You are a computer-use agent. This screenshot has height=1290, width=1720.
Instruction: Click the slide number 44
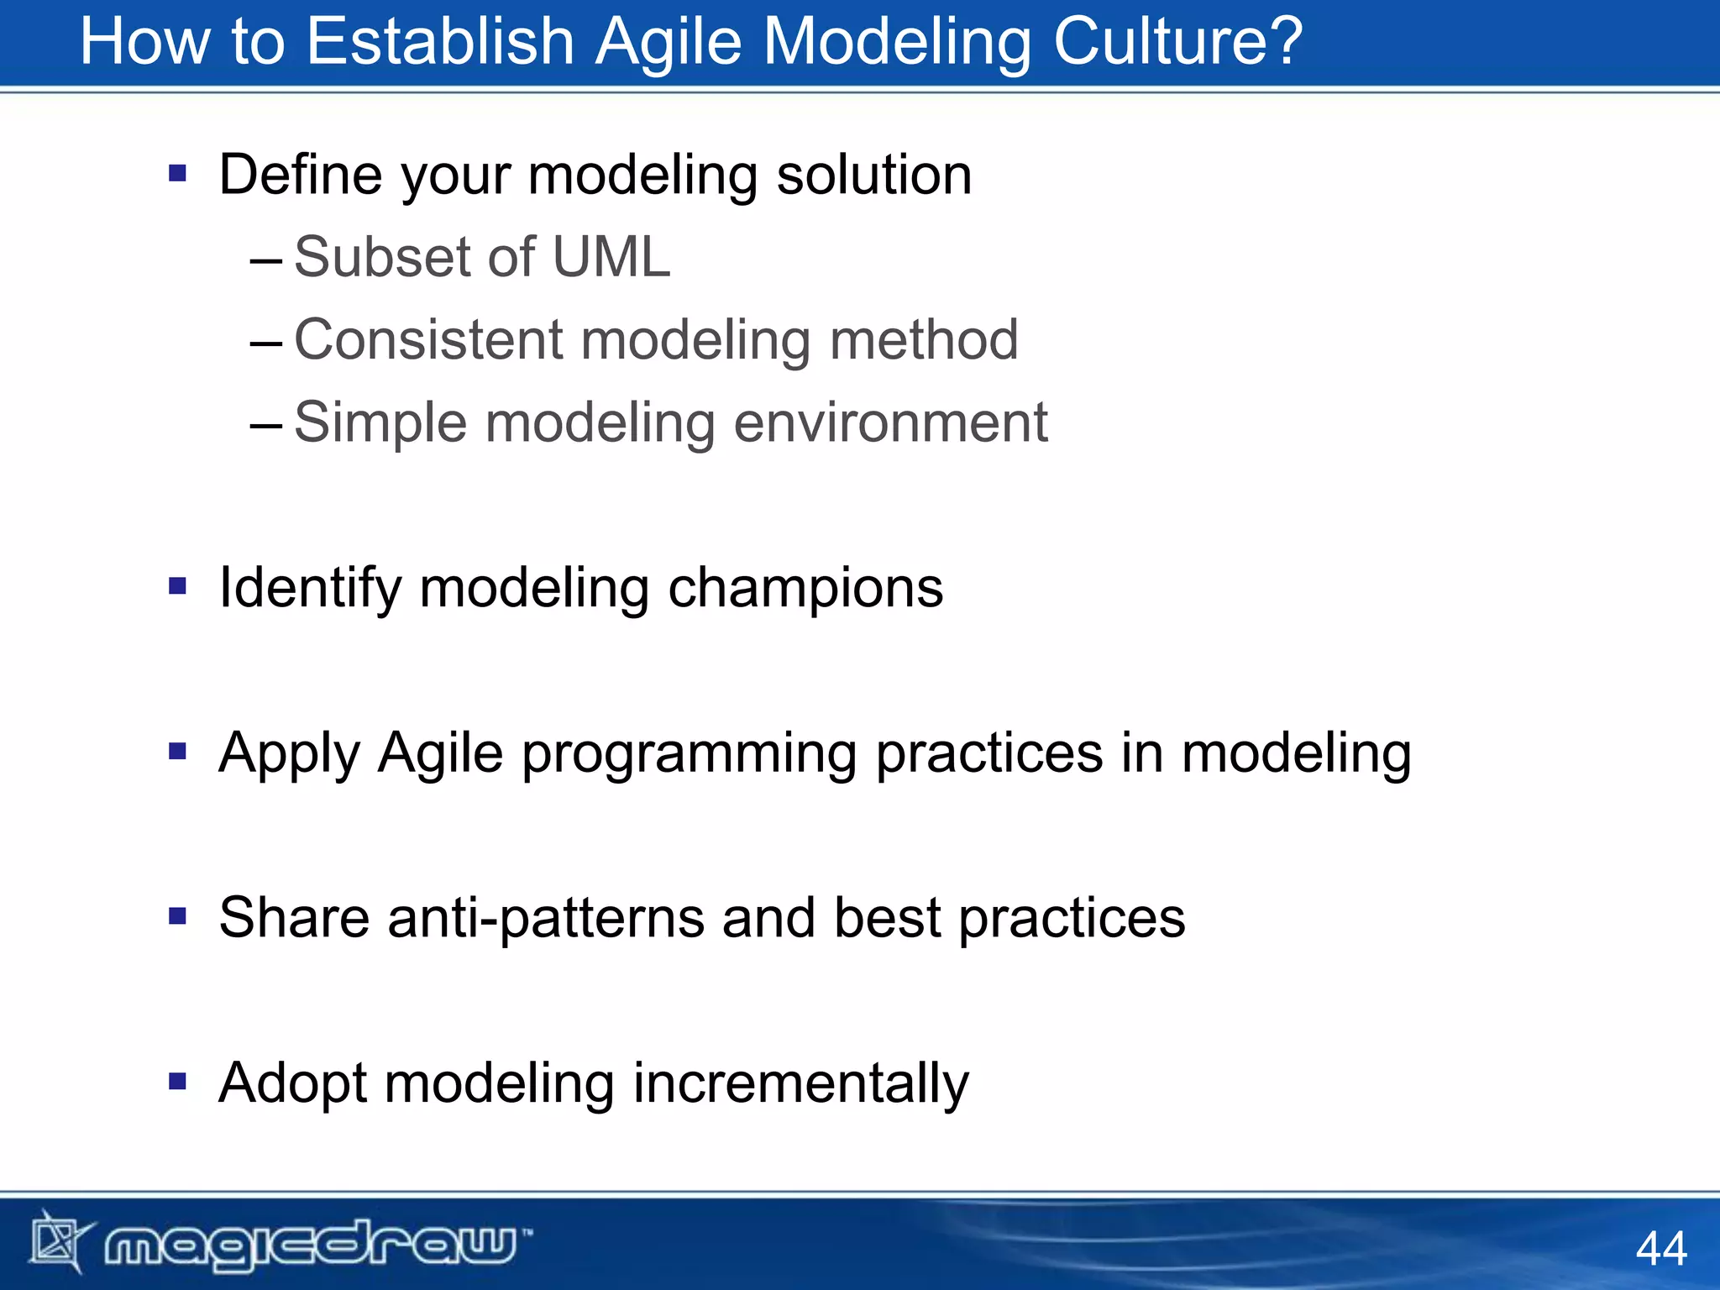[1660, 1248]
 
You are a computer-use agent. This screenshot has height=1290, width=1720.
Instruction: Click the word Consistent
[428, 339]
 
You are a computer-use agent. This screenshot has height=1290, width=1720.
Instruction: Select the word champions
[805, 587]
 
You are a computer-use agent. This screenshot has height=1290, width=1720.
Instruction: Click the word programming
[689, 753]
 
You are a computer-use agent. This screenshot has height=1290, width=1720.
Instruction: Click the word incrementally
[800, 1083]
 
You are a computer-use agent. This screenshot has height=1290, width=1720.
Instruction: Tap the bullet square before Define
[177, 174]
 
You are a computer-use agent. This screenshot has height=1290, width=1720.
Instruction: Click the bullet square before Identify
[177, 586]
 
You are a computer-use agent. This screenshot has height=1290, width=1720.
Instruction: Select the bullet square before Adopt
[177, 1081]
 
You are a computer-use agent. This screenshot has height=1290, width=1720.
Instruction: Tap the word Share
[294, 917]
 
